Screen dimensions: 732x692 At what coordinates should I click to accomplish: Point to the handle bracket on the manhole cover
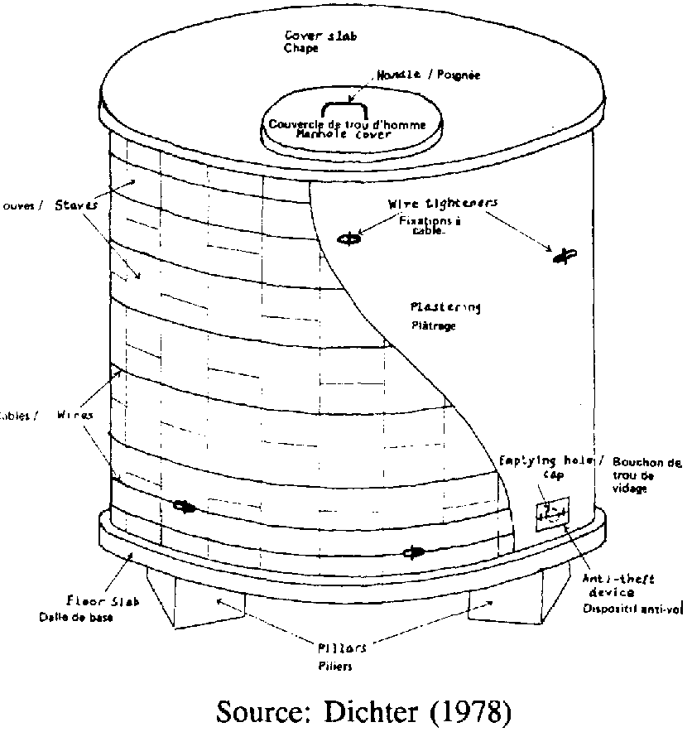pyautogui.click(x=348, y=109)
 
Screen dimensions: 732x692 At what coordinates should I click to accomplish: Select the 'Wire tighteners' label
pyautogui.click(x=443, y=203)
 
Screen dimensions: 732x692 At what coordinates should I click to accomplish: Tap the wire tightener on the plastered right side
pyautogui.click(x=565, y=258)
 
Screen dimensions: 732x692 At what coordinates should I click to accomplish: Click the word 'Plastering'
pyautogui.click(x=445, y=307)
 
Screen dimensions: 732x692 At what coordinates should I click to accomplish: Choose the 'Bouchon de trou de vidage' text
pyautogui.click(x=646, y=475)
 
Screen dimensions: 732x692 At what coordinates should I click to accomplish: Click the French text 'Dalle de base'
pyautogui.click(x=74, y=617)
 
